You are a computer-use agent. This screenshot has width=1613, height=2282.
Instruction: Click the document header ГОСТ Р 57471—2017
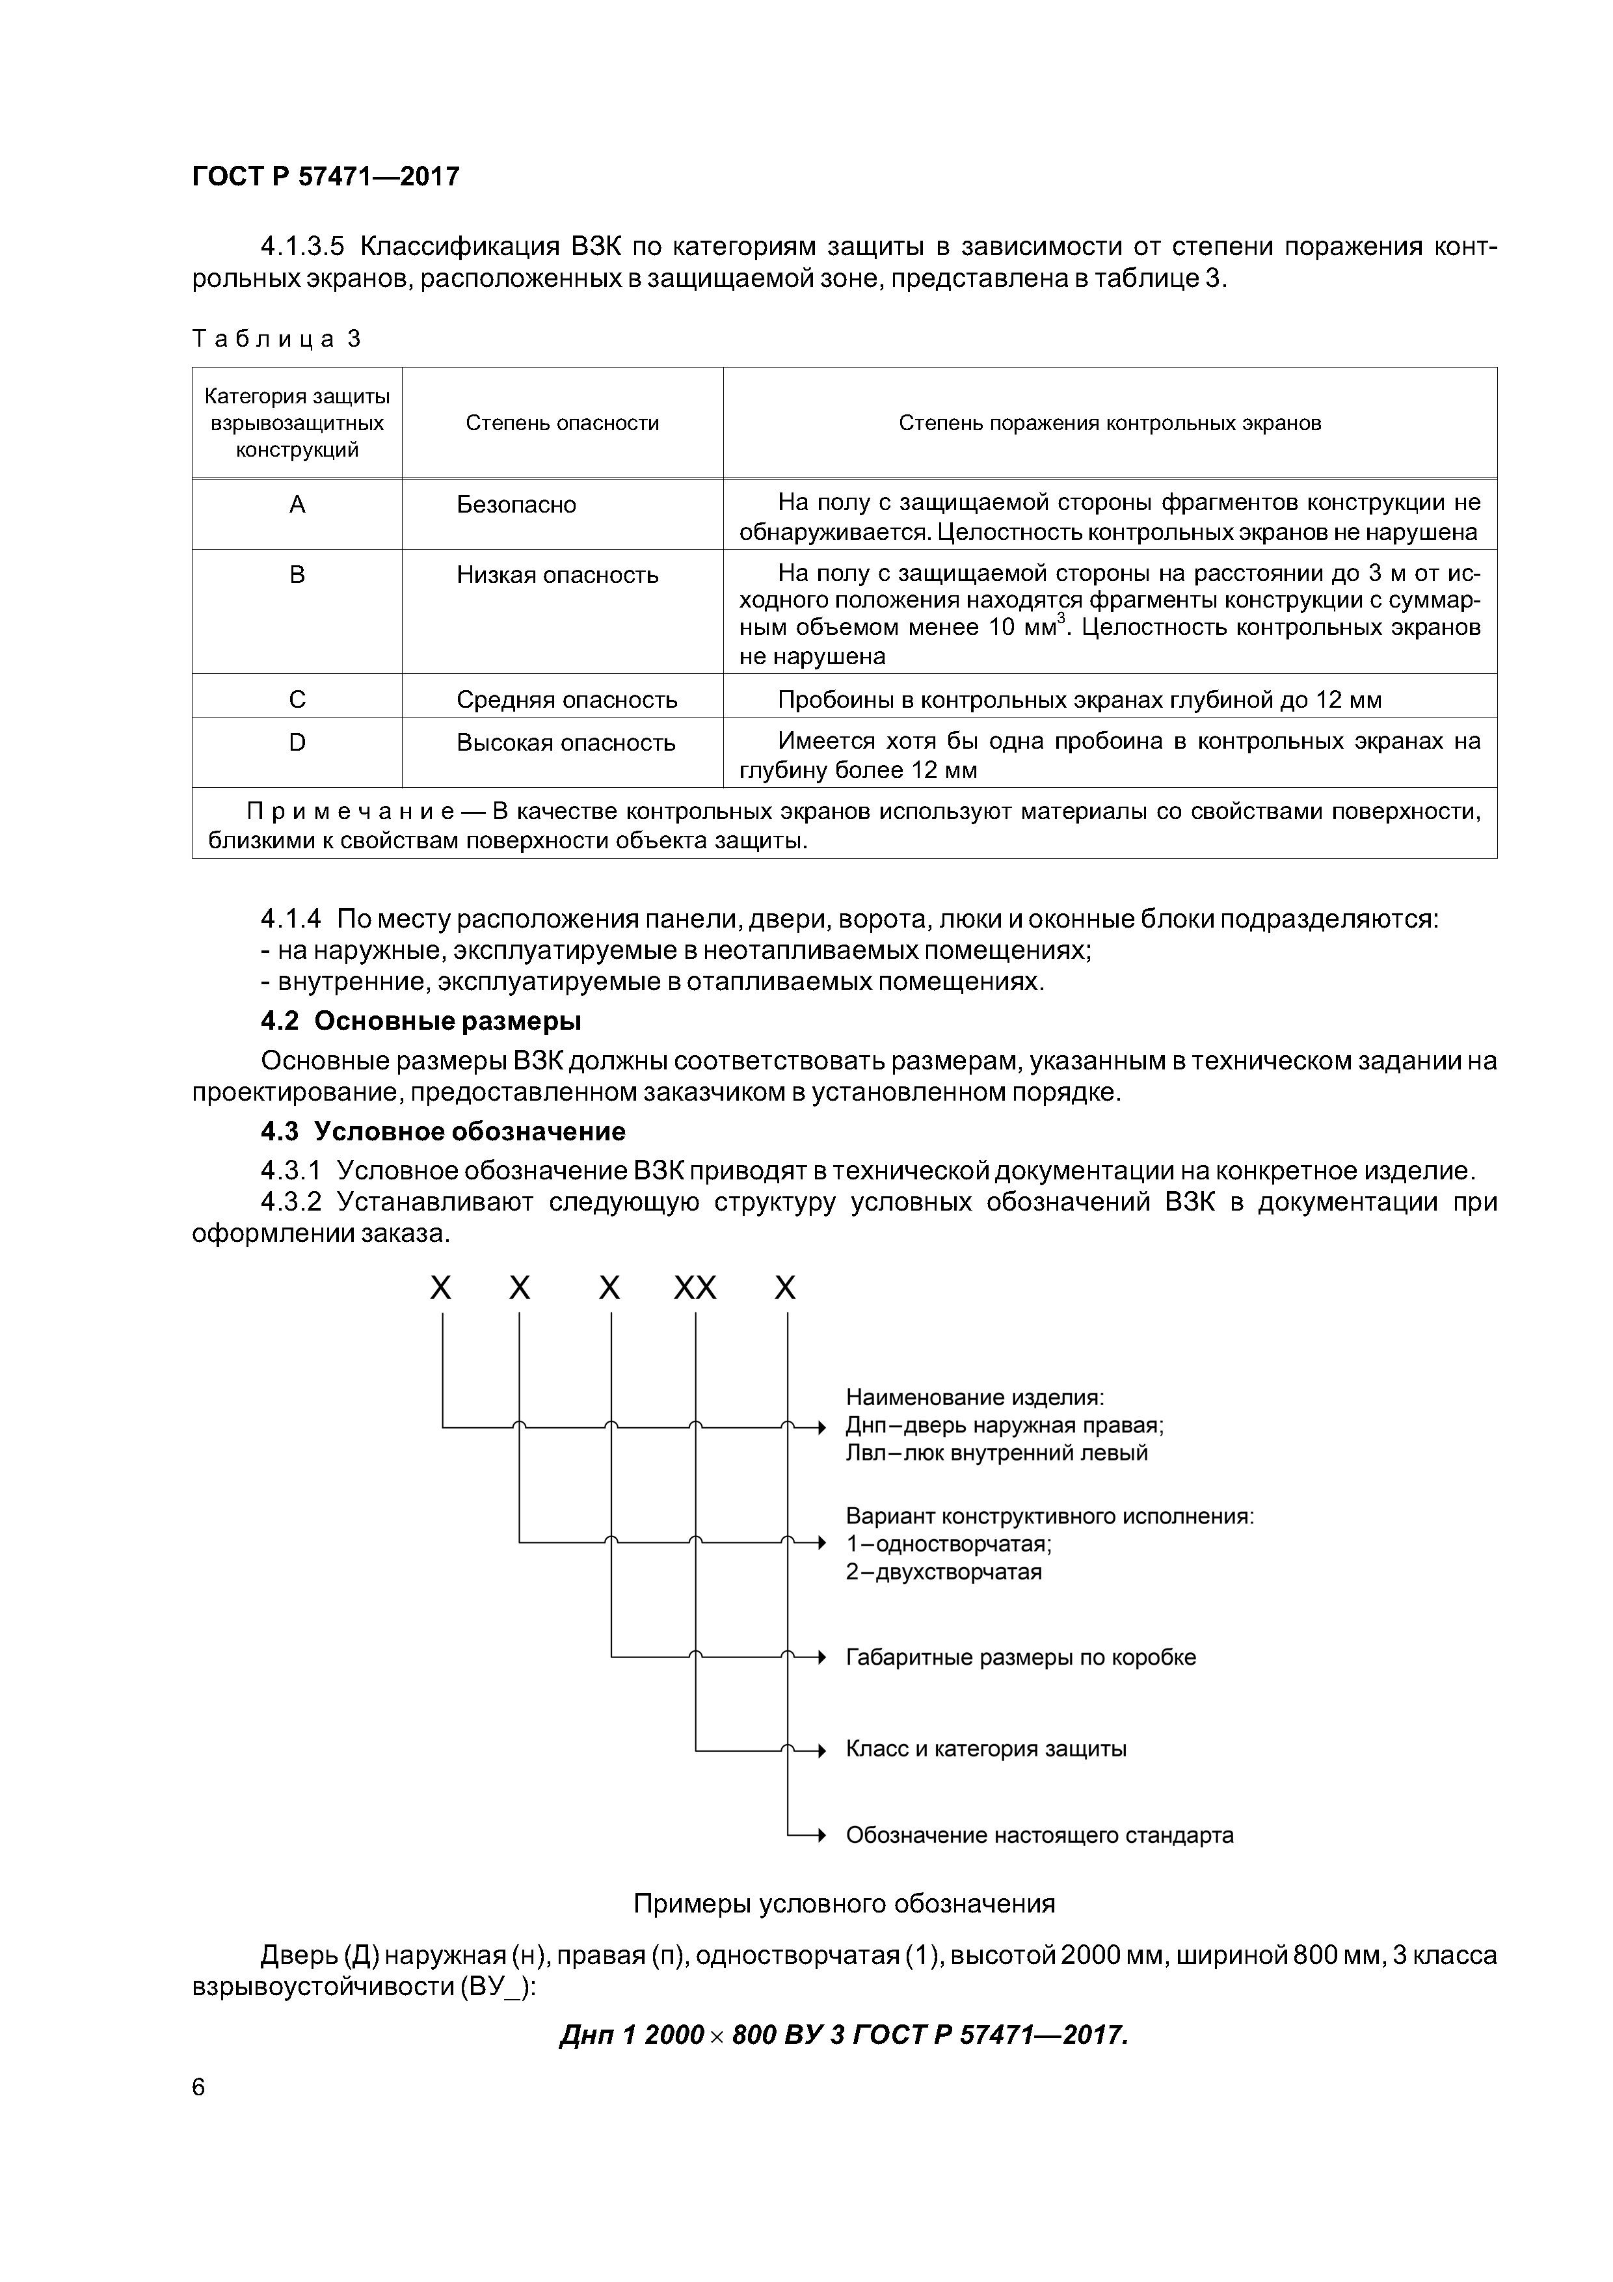325,177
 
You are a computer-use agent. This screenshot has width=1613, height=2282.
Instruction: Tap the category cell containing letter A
297,505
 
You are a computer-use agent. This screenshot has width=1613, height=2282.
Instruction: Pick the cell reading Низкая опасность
557,576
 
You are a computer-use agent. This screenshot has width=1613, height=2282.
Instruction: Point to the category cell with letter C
297,700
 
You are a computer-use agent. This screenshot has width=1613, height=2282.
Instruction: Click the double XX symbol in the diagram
695,1289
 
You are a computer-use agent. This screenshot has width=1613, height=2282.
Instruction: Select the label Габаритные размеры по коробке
1020,1657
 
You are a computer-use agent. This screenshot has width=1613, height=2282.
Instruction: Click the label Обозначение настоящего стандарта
1039,1834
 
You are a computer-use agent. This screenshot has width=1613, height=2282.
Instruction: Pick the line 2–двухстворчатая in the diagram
943,1572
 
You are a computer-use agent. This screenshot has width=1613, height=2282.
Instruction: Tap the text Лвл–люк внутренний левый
996,1453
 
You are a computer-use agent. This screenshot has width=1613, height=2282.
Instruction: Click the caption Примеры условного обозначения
844,1903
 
